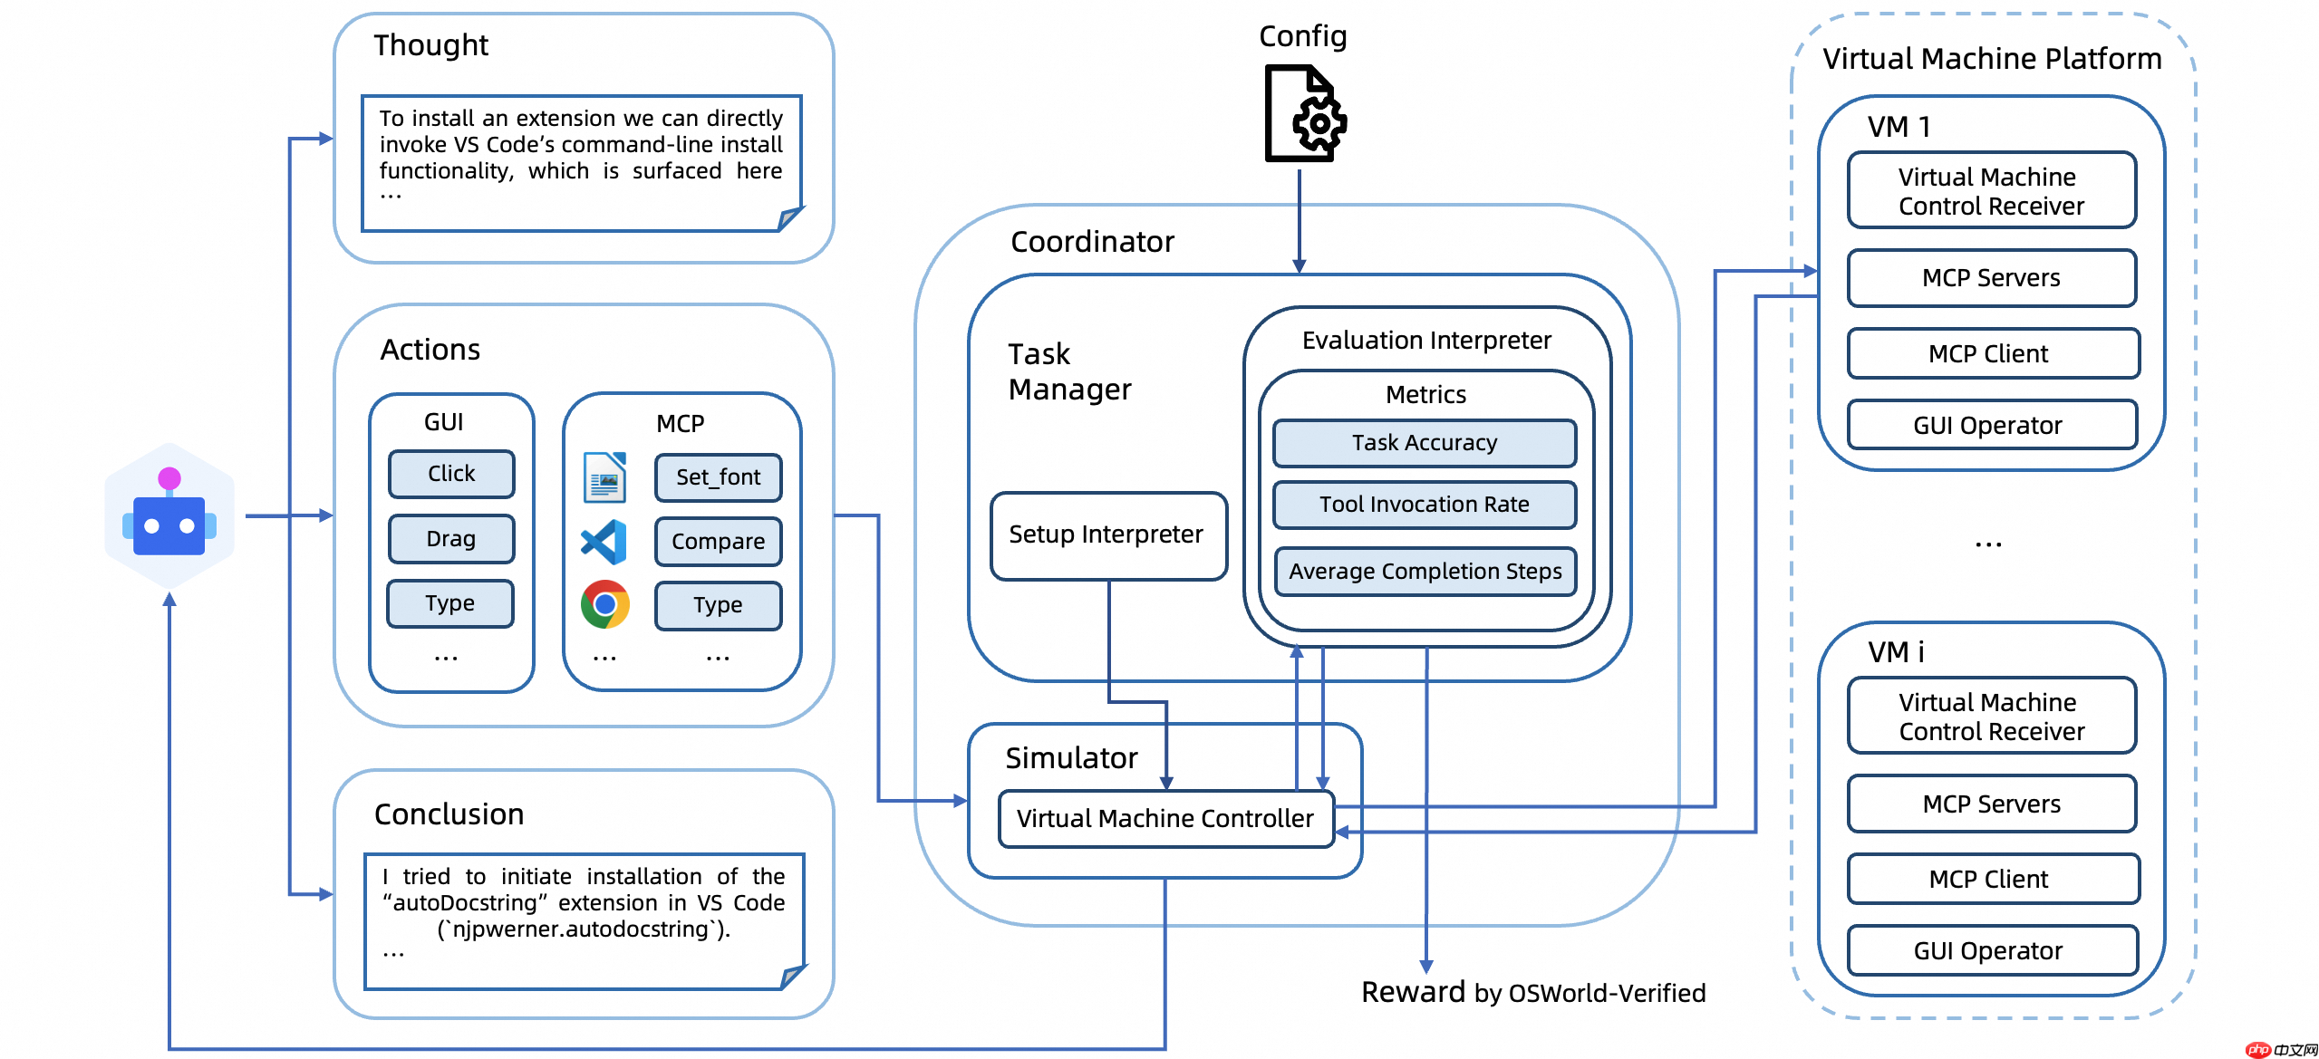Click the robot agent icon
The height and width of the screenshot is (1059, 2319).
[169, 516]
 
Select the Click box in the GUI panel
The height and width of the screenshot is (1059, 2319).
[451, 474]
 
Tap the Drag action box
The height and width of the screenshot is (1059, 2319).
[451, 539]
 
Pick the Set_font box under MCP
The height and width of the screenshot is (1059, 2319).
[718, 477]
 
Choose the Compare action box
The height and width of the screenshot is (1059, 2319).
[718, 542]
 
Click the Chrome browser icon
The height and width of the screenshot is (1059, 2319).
[604, 604]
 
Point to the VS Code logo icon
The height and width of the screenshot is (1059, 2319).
[604, 542]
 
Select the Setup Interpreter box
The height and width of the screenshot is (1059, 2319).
[1107, 535]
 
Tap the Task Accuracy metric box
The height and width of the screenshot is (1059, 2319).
[1424, 443]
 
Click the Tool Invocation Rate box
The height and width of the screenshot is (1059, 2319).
[1424, 505]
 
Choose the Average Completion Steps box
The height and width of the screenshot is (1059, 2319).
[1425, 572]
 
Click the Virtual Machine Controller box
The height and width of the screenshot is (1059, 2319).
[1164, 819]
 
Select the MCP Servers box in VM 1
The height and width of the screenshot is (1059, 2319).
[1991, 278]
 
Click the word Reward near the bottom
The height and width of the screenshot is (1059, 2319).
[1413, 992]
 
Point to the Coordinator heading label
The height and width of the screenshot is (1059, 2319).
[1092, 242]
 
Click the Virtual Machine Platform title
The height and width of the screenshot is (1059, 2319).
[1992, 59]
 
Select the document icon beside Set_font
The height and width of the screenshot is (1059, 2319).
[605, 477]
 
